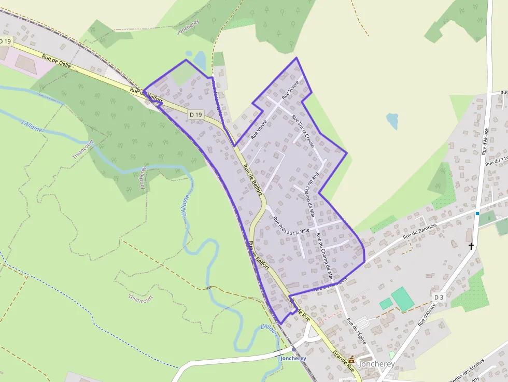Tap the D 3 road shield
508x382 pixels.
click(439, 296)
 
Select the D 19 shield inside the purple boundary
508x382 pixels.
click(196, 114)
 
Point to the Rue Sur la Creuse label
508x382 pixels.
click(303, 132)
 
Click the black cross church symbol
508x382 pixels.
click(471, 246)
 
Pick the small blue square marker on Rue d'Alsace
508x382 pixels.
click(477, 213)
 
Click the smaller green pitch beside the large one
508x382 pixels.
click(386, 304)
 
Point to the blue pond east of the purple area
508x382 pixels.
click(393, 121)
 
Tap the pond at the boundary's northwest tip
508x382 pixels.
click(200, 61)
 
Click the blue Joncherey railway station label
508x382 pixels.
click(293, 358)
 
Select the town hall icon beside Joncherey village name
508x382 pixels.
click(352, 359)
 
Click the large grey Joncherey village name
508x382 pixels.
click(375, 364)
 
